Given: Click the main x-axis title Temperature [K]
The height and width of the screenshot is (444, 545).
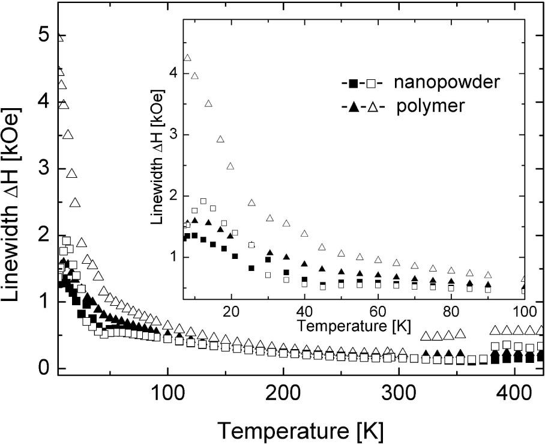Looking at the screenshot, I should (300, 430).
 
